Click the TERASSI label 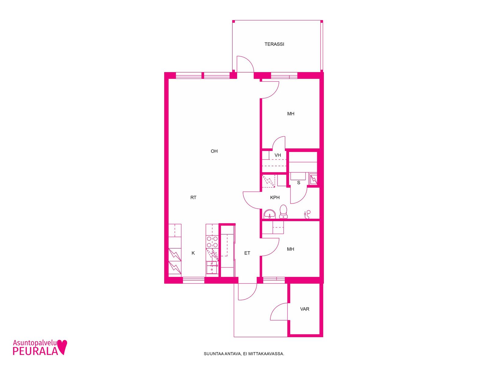pyautogui.click(x=274, y=44)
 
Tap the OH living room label pyautogui.click(x=214, y=151)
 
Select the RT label pyautogui.click(x=193, y=197)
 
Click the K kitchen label pyautogui.click(x=193, y=253)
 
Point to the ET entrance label pyautogui.click(x=247, y=253)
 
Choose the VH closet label pyautogui.click(x=278, y=155)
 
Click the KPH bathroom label pyautogui.click(x=275, y=197)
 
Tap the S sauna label pyautogui.click(x=299, y=183)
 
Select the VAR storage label pyautogui.click(x=305, y=309)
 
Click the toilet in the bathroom pyautogui.click(x=283, y=212)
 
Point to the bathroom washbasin pyautogui.click(x=270, y=214)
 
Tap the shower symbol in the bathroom pyautogui.click(x=307, y=214)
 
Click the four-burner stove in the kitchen pyautogui.click(x=212, y=242)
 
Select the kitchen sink pyautogui.click(x=212, y=267)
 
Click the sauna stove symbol pyautogui.click(x=314, y=179)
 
